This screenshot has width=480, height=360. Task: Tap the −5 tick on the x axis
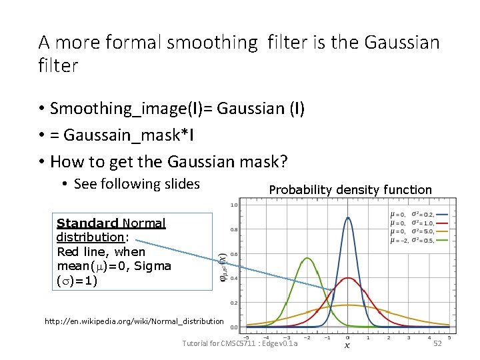pyautogui.click(x=247, y=336)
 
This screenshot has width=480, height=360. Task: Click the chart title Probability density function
pyautogui.click(x=350, y=190)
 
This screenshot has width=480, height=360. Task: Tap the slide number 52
pyautogui.click(x=437, y=343)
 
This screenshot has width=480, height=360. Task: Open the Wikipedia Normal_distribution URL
pyautogui.click(x=134, y=321)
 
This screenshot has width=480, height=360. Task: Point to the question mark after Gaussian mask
pyautogui.click(x=284, y=162)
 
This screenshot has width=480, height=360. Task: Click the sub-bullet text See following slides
pyautogui.click(x=137, y=184)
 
